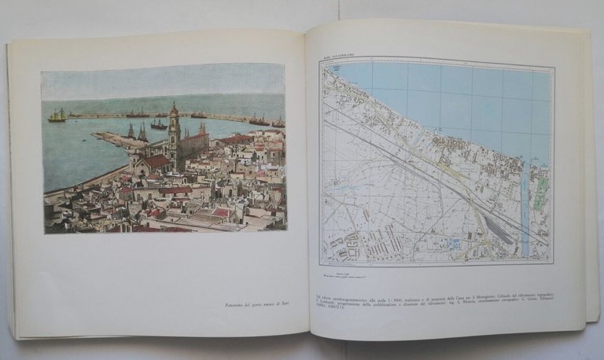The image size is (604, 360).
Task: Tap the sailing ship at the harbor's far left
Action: coord(57,116)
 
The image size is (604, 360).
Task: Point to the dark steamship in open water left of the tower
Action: coord(159,124)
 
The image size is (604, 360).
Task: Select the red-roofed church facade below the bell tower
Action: coord(153,163)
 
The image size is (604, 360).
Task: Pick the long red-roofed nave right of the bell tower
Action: coord(195,141)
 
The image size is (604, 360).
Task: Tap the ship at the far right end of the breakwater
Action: coord(278,122)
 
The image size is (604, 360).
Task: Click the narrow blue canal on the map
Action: coord(525,212)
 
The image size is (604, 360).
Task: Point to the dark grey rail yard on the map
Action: coord(496,229)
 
